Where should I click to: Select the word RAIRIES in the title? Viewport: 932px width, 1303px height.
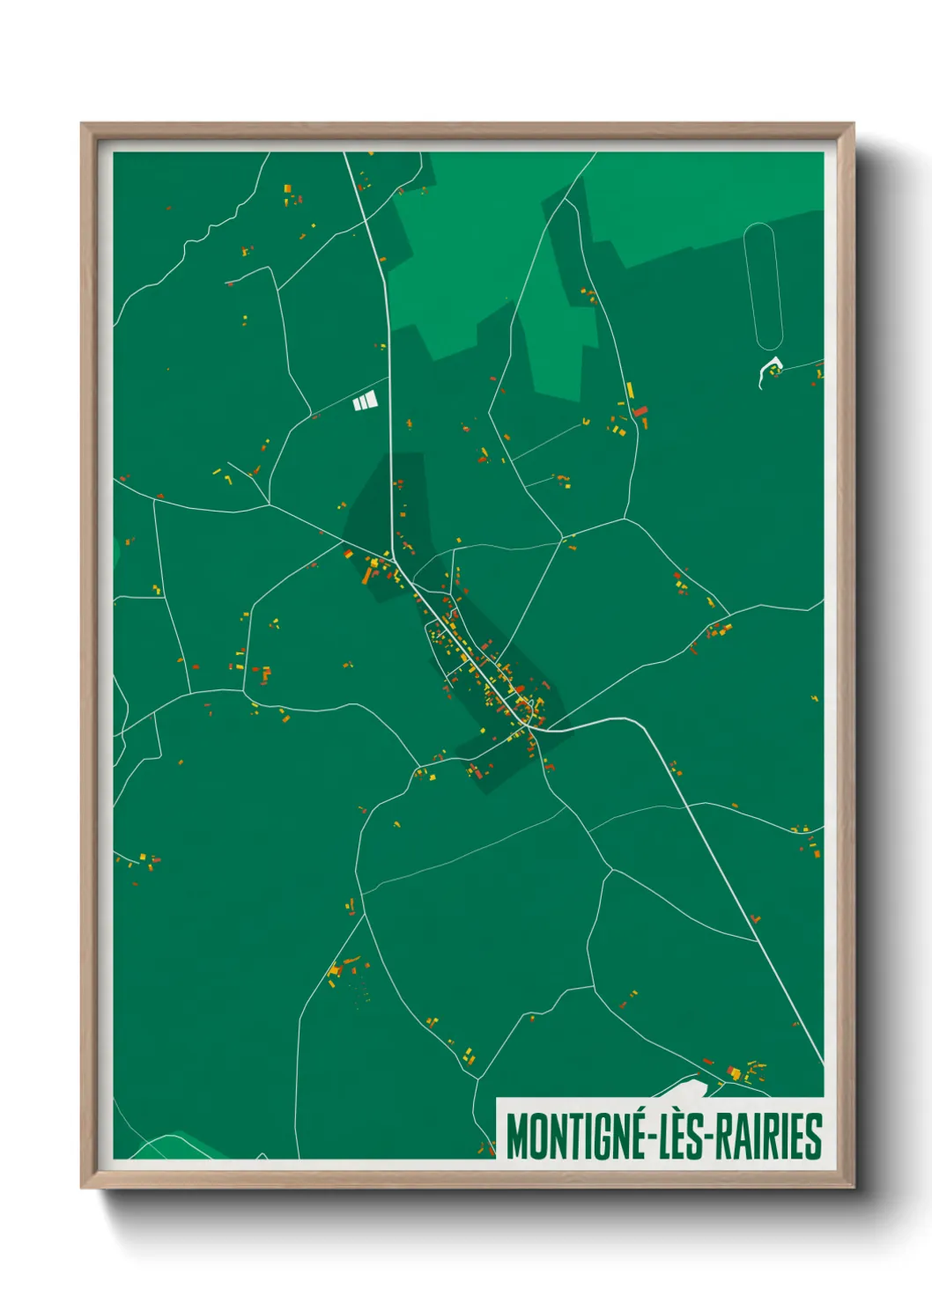tap(769, 1137)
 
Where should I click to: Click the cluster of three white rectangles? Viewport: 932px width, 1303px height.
tap(365, 401)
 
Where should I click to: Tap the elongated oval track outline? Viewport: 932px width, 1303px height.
tap(763, 286)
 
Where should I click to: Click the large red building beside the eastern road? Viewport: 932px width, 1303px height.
tap(640, 411)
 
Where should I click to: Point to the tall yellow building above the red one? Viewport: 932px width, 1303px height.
tap(630, 389)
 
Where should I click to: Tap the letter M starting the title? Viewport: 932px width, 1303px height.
tap(517, 1137)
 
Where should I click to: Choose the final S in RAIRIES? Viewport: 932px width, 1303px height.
tap(815, 1137)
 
